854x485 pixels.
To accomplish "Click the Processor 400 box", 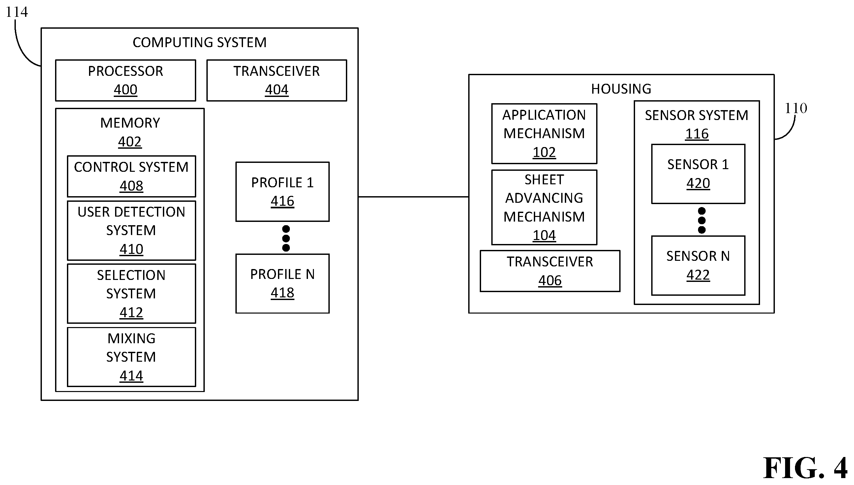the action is (126, 80).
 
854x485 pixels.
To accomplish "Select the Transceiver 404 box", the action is (277, 80).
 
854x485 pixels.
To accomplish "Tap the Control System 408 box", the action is (132, 176).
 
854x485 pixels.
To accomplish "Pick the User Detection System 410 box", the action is (132, 230).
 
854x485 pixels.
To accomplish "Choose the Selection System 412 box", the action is (132, 293).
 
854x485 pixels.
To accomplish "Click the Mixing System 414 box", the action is (132, 357).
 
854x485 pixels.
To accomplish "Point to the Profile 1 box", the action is (283, 192).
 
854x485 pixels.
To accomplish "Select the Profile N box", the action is (283, 284).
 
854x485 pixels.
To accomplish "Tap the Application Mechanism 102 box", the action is (544, 134).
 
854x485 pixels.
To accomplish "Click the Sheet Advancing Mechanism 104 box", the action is (544, 207).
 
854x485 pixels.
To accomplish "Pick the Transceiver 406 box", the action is (550, 271).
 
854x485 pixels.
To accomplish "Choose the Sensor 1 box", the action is (698, 174).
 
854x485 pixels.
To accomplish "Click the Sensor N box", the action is (698, 265).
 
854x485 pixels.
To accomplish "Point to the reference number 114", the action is (17, 12).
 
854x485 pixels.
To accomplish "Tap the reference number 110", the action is (796, 108).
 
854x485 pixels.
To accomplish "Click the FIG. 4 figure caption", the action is (805, 468).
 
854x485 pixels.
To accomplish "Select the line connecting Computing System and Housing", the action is (413, 197).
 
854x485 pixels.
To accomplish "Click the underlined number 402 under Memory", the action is (130, 142).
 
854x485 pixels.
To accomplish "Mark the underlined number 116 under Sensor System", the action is (697, 134).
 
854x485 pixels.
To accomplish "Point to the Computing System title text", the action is (199, 42).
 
